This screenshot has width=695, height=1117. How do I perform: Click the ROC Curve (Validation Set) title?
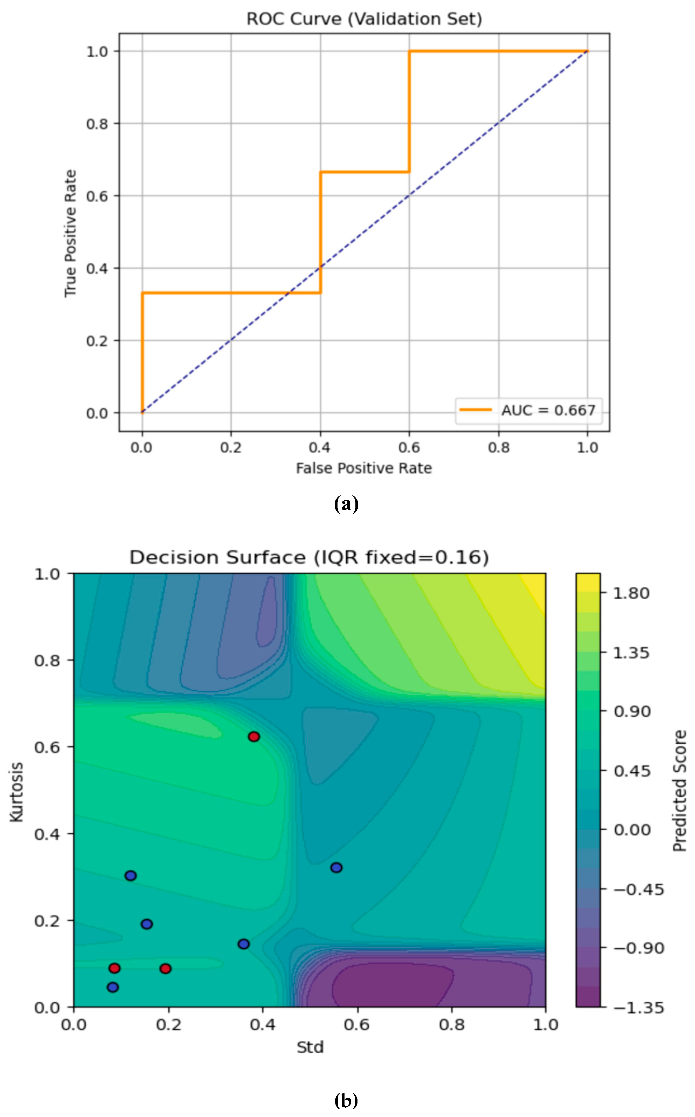point(364,19)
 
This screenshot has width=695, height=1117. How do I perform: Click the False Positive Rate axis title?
point(364,468)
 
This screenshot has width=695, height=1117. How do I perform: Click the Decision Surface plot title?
point(309,557)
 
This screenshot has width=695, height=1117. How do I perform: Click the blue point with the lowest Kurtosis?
point(113,987)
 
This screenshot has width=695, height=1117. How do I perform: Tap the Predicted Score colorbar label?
point(679,791)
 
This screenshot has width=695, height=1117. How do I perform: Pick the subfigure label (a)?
point(346,504)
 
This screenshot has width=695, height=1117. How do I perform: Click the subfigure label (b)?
point(346,1100)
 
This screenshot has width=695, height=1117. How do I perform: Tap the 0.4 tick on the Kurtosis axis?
point(47,834)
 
